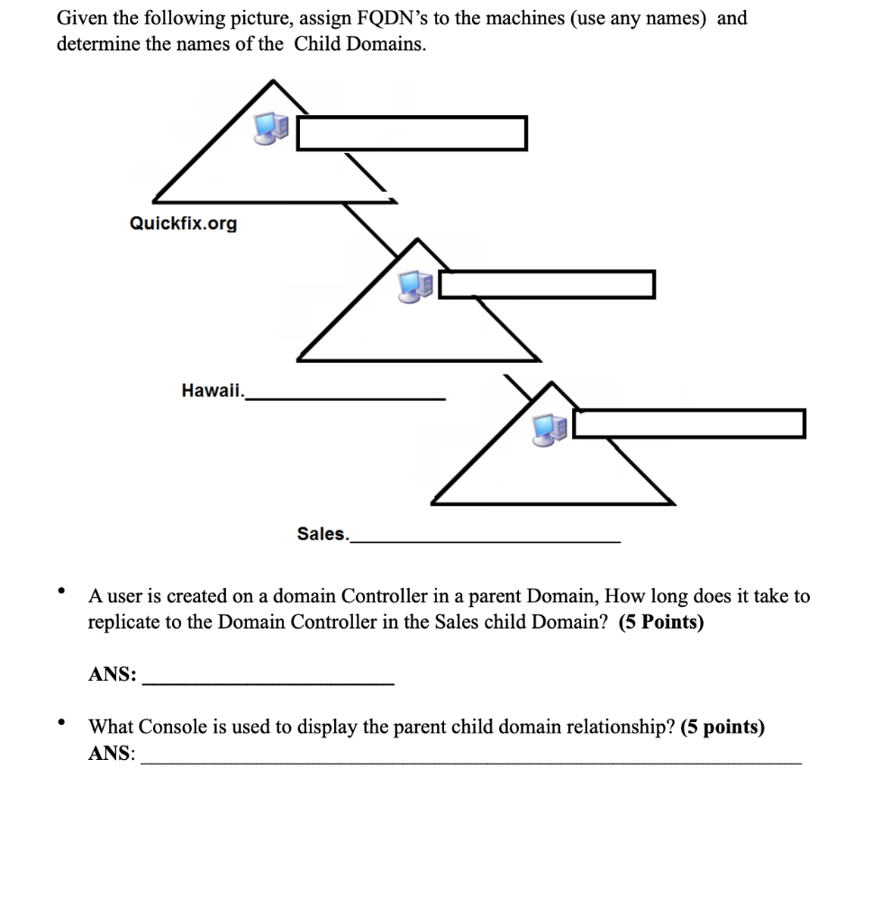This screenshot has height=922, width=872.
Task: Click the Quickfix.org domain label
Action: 184,223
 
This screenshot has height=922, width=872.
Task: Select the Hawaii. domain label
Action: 213,390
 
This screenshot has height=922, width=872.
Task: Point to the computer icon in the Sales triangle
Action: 550,429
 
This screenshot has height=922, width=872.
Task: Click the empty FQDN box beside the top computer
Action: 412,133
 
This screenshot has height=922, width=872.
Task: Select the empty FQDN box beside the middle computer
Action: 547,284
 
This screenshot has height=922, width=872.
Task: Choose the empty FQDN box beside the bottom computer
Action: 689,423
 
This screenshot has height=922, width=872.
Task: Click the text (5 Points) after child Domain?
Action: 661,622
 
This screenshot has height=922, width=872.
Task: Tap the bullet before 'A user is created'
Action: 61,592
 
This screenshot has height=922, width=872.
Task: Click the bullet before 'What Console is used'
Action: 61,722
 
